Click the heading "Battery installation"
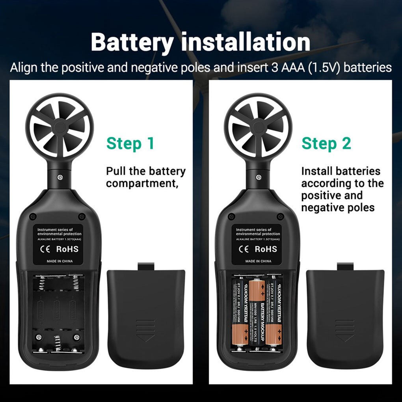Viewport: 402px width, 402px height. click(201, 42)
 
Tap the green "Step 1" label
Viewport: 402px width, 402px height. click(130, 143)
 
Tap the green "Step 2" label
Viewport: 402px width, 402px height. click(326, 143)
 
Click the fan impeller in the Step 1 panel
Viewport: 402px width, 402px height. click(60, 126)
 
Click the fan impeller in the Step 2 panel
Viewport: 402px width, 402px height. click(258, 126)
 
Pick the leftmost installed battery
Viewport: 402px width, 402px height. click(239, 311)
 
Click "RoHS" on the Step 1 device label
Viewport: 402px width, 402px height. click(67, 249)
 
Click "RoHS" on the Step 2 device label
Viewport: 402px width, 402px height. click(266, 249)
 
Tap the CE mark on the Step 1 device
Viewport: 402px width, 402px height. click(45, 249)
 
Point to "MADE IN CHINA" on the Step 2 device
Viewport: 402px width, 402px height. click(258, 261)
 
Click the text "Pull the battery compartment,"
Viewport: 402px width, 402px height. click(146, 177)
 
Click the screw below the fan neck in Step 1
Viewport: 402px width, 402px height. click(60, 177)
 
